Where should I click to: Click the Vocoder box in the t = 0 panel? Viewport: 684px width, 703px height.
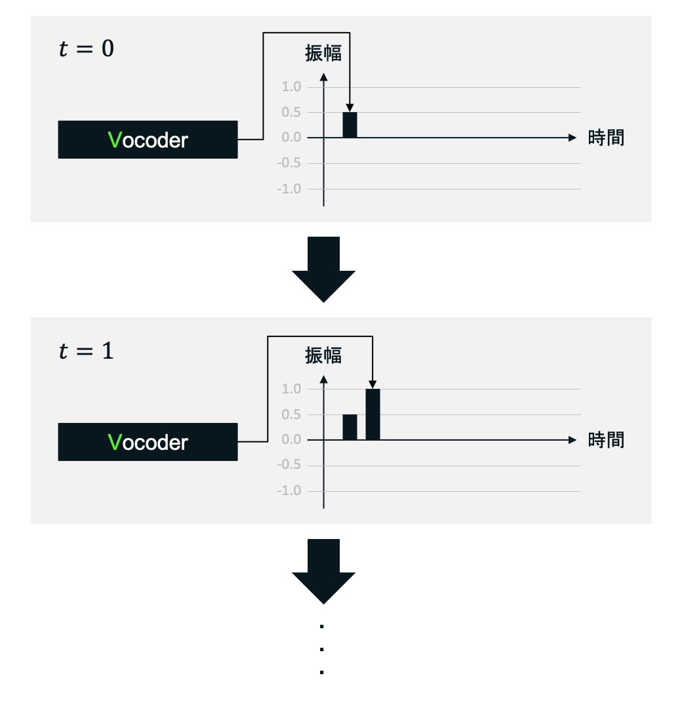click(x=148, y=140)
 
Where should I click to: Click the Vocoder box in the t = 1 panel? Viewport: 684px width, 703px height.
click(x=148, y=442)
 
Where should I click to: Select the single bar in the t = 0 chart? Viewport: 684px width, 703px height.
click(x=350, y=125)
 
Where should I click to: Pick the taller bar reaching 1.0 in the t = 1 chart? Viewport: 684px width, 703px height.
click(x=372, y=414)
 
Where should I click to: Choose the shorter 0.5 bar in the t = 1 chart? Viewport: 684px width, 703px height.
click(x=350, y=427)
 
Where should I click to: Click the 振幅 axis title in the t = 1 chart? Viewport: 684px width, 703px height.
click(x=323, y=355)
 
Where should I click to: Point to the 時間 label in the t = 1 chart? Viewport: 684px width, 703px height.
click(x=606, y=439)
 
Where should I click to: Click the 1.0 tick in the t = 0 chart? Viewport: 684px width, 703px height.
click(x=292, y=87)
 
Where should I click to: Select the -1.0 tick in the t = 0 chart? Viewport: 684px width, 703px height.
click(x=291, y=189)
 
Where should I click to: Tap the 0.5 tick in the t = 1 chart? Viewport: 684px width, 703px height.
click(x=292, y=414)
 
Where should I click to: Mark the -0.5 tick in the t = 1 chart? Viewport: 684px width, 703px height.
click(x=291, y=466)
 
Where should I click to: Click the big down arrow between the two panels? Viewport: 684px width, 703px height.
click(x=323, y=269)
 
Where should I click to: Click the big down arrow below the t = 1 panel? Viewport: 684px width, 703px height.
click(x=323, y=571)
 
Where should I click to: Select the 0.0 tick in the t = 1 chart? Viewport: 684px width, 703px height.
click(x=292, y=440)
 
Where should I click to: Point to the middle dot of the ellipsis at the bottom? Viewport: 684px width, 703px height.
click(x=322, y=649)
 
